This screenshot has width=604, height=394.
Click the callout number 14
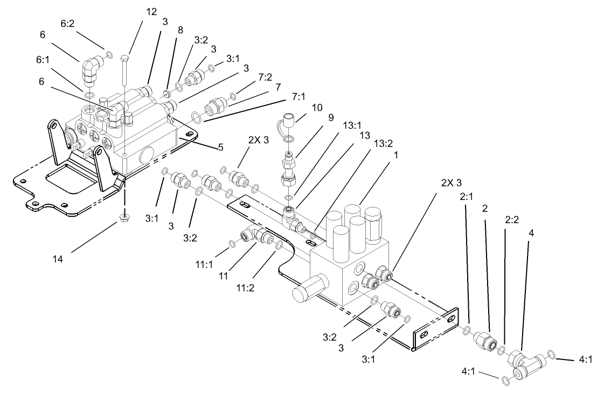pyautogui.click(x=58, y=259)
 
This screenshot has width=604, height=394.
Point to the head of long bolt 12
pyautogui.click(x=125, y=57)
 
